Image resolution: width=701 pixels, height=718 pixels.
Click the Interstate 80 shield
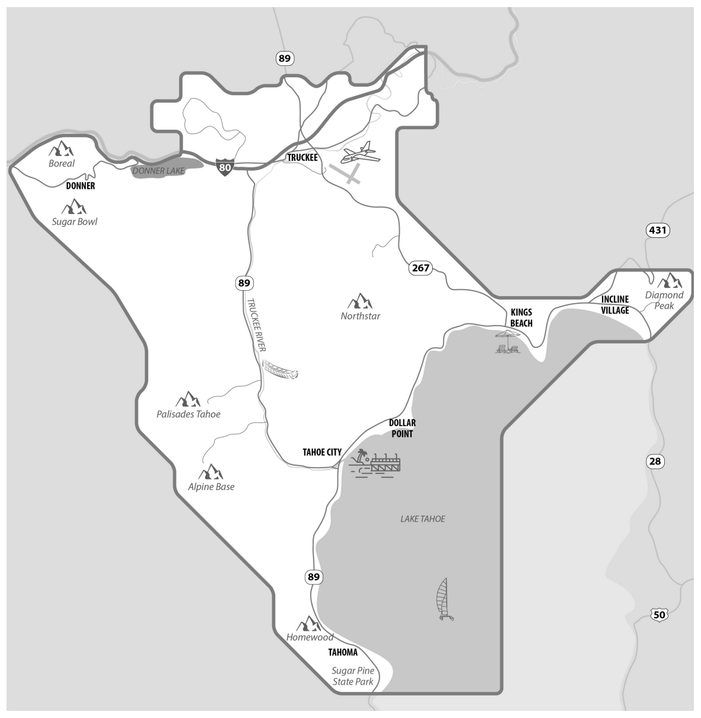tap(224, 167)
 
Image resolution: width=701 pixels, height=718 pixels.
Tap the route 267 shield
tap(420, 268)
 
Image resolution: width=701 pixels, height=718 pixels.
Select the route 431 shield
tap(658, 230)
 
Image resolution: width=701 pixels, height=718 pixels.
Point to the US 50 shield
tap(659, 615)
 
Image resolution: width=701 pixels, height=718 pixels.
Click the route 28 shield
tap(656, 461)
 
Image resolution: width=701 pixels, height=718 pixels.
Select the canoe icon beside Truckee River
tap(280, 370)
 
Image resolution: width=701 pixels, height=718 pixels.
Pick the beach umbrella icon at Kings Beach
tap(508, 341)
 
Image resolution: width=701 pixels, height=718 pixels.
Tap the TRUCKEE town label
tap(302, 158)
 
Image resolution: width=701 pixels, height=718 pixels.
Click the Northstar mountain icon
tap(360, 301)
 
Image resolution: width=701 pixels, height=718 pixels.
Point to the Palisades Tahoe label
tap(188, 414)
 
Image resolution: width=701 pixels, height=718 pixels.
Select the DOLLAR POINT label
tap(402, 428)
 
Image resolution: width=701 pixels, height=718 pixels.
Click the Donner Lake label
tap(158, 171)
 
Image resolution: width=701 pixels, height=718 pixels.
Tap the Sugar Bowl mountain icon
tap(74, 207)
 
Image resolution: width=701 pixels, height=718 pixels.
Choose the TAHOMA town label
tap(343, 652)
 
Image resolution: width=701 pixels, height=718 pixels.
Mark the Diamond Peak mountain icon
tap(670, 279)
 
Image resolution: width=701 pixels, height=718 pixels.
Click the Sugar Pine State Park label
tap(353, 676)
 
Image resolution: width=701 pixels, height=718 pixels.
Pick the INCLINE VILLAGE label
tap(614, 304)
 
